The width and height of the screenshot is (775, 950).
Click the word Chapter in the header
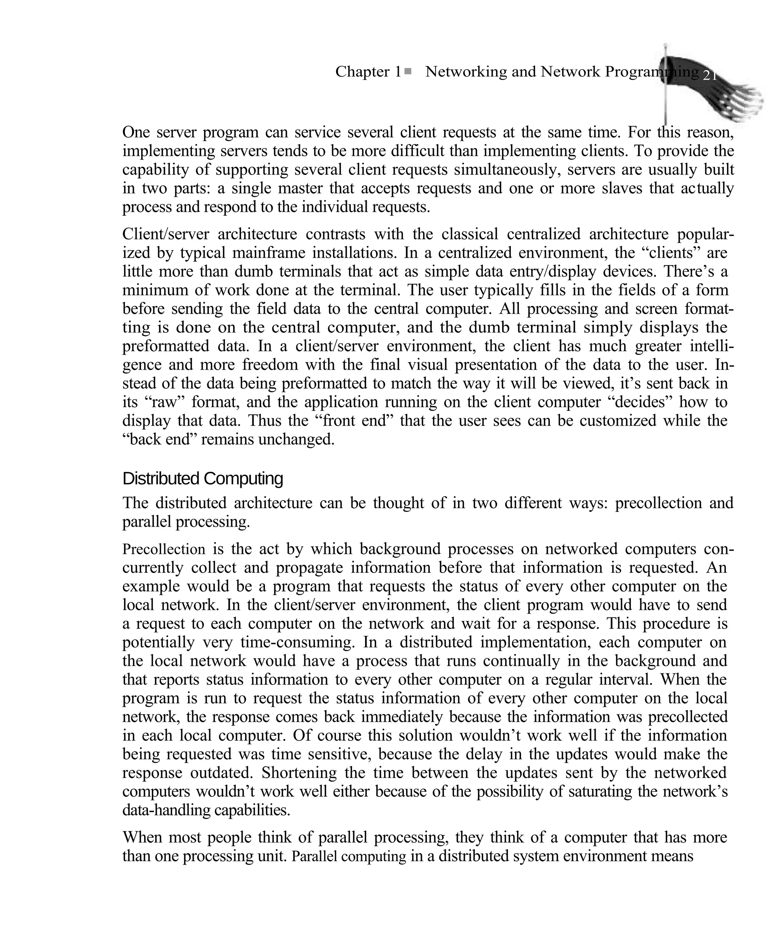coord(362,72)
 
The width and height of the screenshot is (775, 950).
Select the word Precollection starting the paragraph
coord(163,549)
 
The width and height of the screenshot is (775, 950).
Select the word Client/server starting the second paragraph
coord(166,234)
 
